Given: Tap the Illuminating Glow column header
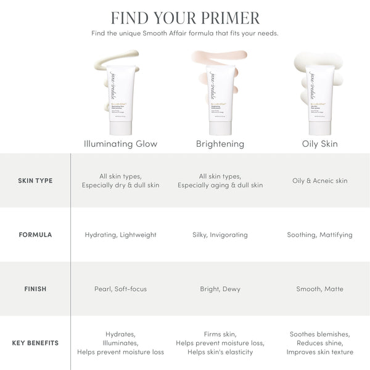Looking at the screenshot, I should click(120, 144).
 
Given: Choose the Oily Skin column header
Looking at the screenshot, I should click(320, 144).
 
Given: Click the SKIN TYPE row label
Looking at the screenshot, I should click(35, 181).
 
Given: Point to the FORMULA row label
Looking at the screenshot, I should click(35, 235).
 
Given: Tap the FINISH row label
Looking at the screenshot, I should click(35, 289).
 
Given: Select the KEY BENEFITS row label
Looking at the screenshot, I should click(35, 343).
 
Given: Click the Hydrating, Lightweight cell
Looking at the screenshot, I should click(120, 235).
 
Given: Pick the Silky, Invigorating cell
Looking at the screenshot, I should click(220, 235).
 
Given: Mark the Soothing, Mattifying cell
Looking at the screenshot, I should click(320, 235).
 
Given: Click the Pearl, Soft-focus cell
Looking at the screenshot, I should click(120, 289).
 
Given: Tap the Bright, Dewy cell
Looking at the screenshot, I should click(220, 289).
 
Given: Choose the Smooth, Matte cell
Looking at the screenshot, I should click(320, 289).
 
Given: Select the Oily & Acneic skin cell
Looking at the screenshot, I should click(320, 181).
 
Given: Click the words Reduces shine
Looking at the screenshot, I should click(320, 343).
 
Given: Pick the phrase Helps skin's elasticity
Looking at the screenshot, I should click(220, 352).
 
